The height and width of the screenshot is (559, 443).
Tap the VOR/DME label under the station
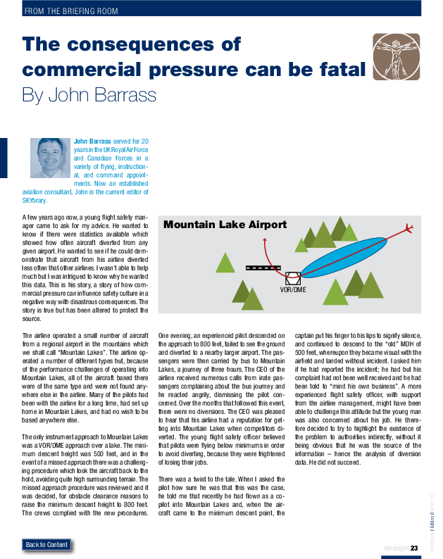293,289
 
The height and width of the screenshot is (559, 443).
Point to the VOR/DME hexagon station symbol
293,277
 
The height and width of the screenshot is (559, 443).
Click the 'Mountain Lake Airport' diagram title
225,225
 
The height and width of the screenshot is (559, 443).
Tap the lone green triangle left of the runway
225,262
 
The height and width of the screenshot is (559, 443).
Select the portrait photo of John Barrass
50,157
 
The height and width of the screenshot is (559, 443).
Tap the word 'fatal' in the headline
340,70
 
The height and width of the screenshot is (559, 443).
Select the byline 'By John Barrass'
89,94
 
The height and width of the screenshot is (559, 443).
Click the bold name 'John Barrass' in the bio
92,142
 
